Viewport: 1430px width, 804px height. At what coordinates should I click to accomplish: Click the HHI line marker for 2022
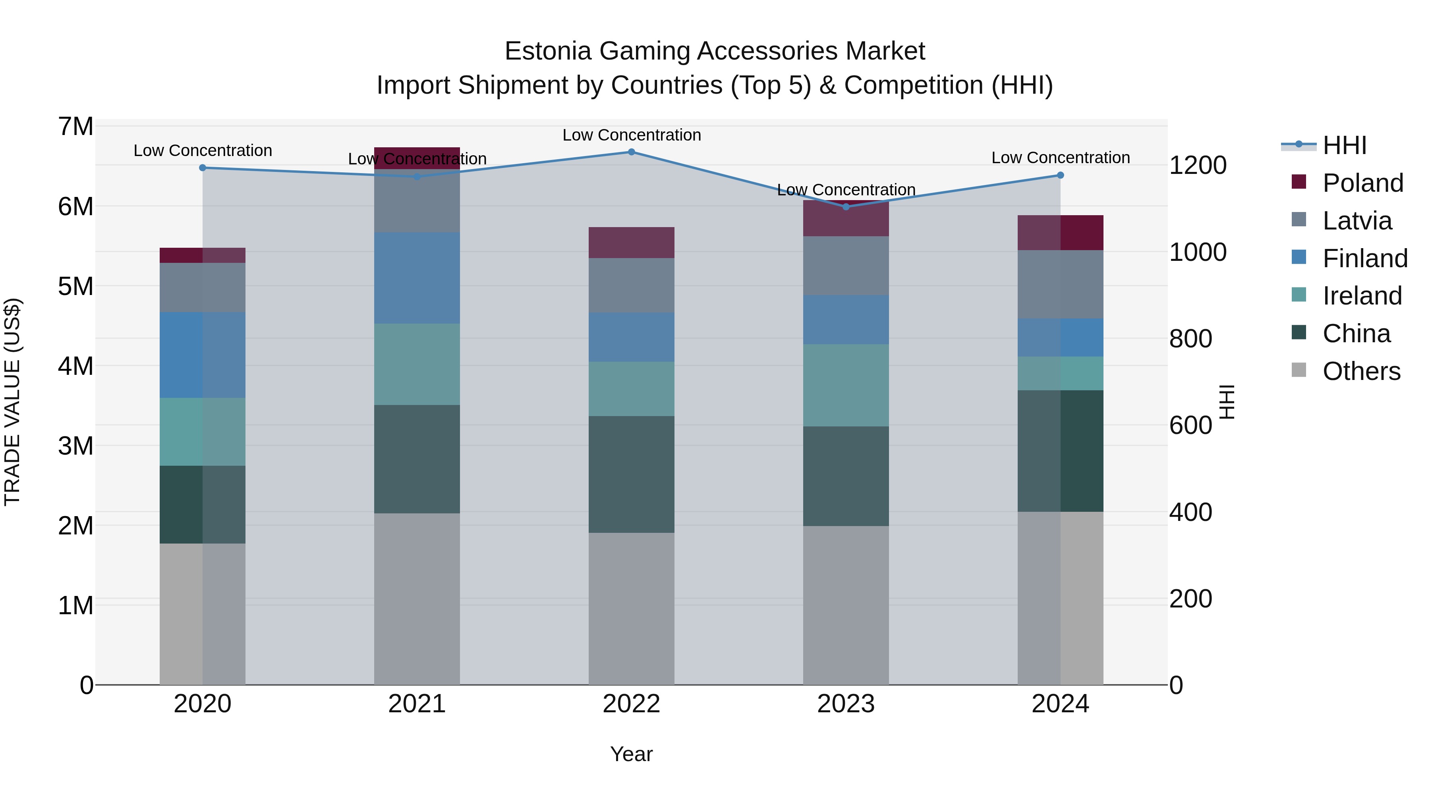(631, 152)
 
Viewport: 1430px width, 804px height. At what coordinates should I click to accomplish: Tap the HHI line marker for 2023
(846, 206)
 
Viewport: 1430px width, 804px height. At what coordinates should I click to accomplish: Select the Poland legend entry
(1362, 183)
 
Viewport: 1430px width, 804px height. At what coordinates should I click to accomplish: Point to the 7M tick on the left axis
(75, 127)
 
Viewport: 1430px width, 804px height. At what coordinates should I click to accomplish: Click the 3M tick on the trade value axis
(75, 445)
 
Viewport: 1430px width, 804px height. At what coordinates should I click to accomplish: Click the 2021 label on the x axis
(417, 704)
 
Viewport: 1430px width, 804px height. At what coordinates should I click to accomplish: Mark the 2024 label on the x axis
(1060, 704)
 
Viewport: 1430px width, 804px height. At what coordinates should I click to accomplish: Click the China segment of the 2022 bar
(631, 474)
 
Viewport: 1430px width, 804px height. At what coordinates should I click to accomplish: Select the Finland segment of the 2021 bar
(417, 278)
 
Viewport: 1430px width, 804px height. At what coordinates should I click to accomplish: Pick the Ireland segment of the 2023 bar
(846, 385)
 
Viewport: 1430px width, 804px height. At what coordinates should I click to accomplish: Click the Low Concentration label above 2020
(203, 150)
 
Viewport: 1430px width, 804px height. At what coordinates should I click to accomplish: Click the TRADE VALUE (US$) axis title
(12, 402)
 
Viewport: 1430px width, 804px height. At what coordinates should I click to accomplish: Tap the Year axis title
(631, 754)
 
